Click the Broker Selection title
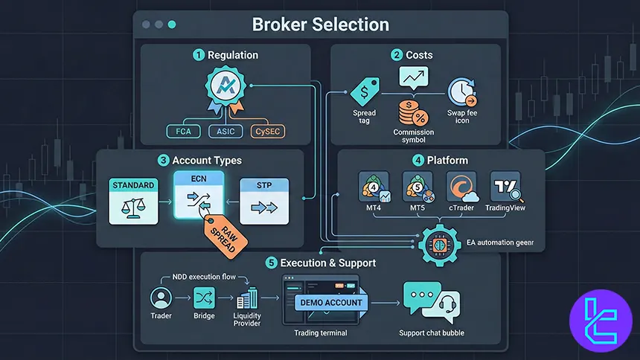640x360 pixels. tap(320, 24)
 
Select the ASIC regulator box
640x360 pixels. tap(225, 132)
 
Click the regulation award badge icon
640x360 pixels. tap(225, 90)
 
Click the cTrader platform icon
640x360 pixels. tap(462, 186)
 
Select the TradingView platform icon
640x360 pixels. tap(506, 186)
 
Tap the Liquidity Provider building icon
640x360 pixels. tap(247, 299)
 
